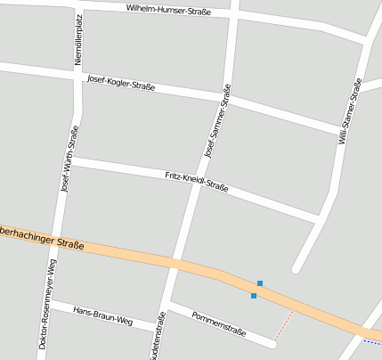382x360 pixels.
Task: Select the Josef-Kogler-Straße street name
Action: [121, 83]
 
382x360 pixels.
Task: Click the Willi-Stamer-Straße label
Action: [348, 111]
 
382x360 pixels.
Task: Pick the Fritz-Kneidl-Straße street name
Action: [197, 182]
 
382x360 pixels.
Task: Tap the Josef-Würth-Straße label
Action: [67, 159]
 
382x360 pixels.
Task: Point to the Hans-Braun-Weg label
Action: [102, 316]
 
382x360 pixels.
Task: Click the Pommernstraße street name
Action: [218, 323]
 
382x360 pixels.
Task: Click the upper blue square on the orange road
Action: [260, 283]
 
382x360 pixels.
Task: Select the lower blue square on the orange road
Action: [254, 295]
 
